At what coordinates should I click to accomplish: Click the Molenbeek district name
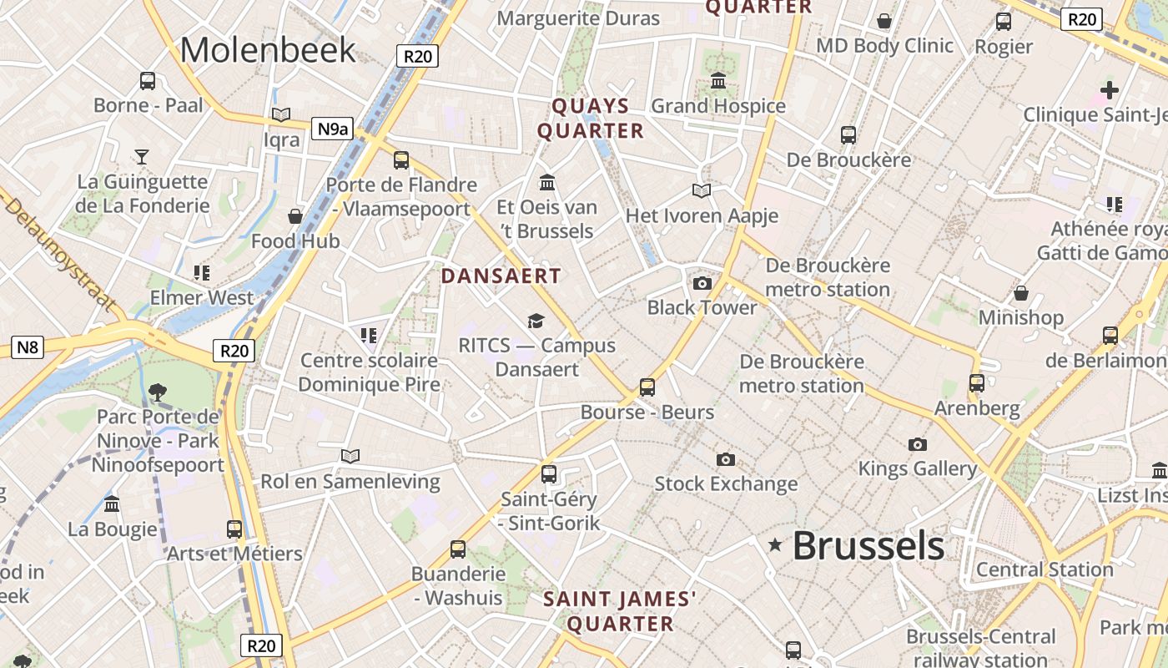268,50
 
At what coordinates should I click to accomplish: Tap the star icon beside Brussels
775,545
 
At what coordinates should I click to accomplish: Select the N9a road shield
332,129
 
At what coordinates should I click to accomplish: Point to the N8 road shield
27,347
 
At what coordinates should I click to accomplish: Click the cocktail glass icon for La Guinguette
142,156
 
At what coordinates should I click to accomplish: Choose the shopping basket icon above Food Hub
295,216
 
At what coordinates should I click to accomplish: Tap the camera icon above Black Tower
702,283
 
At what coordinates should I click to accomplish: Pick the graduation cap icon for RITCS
536,321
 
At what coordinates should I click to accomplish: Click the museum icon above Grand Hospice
718,81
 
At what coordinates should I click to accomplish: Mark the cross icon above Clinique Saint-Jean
1109,89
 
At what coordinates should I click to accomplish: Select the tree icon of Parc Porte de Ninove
157,391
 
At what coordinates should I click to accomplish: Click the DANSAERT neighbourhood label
501,276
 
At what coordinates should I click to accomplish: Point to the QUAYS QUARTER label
591,119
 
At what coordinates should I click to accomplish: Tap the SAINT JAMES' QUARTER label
620,611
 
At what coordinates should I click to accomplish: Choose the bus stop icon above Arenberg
977,383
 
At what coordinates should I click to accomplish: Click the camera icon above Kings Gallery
918,444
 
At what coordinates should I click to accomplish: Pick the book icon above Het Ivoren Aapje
702,191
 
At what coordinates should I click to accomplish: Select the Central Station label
1045,569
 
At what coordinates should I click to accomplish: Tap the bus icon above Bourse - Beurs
647,387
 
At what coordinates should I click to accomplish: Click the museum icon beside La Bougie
112,504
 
